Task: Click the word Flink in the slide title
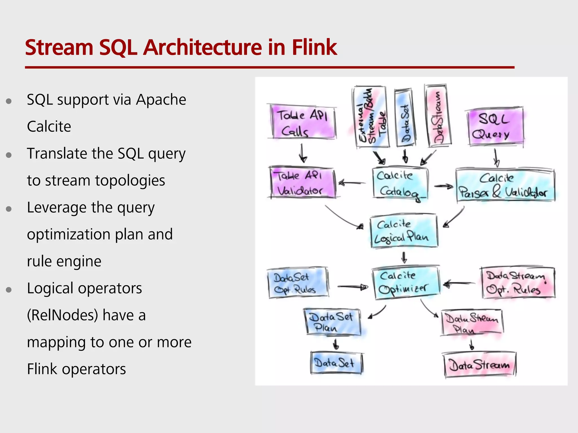click(314, 47)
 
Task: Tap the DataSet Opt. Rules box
click(298, 283)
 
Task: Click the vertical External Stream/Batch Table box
click(370, 117)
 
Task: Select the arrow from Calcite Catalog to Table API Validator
click(351, 183)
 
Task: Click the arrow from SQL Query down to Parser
click(496, 158)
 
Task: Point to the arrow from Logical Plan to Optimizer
click(404, 257)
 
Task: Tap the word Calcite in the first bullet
click(49, 127)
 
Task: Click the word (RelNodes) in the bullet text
click(62, 315)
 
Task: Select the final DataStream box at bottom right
click(479, 365)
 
